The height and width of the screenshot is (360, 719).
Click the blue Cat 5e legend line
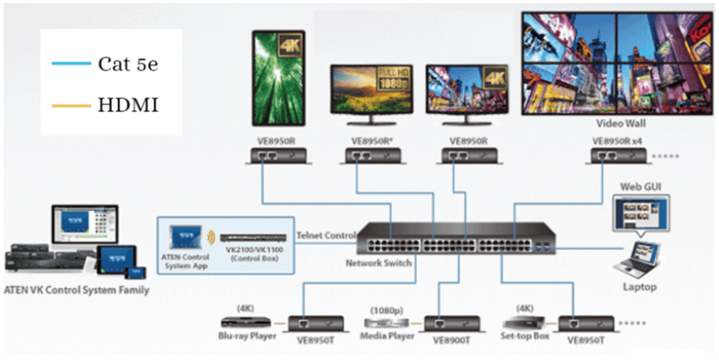click(70, 64)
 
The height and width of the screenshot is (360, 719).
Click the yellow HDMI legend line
click(70, 106)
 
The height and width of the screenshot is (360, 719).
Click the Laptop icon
click(638, 259)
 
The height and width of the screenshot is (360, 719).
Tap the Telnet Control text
click(327, 236)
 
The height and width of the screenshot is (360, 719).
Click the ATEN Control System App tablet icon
click(182, 237)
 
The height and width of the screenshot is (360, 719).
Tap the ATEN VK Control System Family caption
click(76, 290)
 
